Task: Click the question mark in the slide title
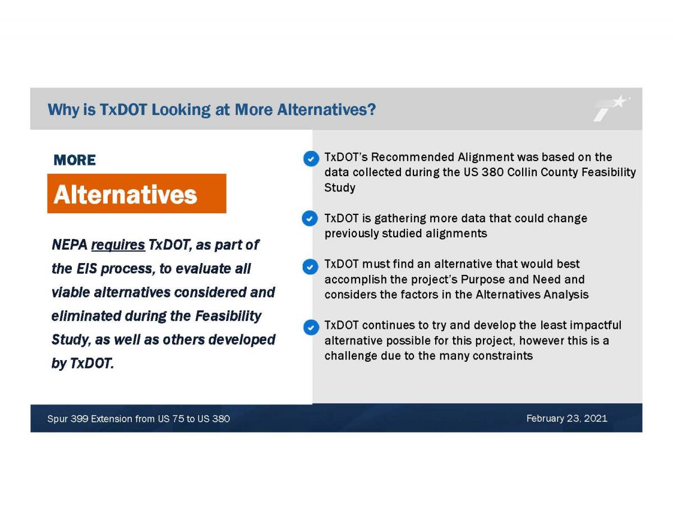(372, 109)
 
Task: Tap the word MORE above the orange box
(75, 160)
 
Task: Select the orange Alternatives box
(137, 194)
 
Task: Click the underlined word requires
(118, 245)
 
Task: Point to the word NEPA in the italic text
(70, 245)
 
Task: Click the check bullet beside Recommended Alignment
(311, 159)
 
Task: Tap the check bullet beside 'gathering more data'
(310, 218)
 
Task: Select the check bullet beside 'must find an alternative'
(310, 266)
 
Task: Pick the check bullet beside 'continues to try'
(311, 328)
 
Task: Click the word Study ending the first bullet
(340, 188)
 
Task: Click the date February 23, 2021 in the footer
(567, 418)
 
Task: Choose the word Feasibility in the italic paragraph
(228, 316)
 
